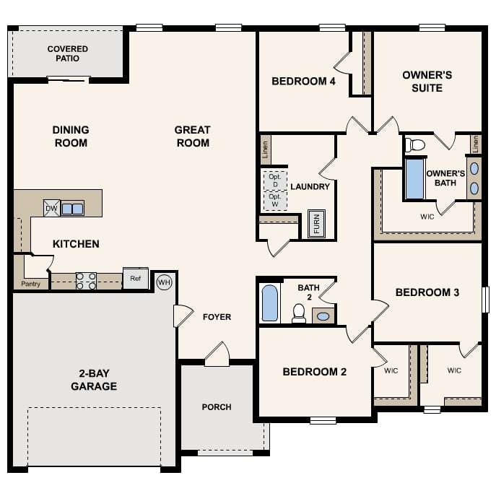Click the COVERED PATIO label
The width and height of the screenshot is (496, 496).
pyautogui.click(x=68, y=53)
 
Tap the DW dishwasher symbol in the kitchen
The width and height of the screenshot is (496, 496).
pyautogui.click(x=51, y=208)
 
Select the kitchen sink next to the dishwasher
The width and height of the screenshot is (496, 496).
pyautogui.click(x=72, y=209)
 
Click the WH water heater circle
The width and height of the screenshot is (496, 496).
pyautogui.click(x=164, y=282)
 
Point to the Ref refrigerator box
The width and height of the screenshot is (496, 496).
pyautogui.click(x=135, y=279)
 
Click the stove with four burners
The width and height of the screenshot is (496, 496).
pyautogui.click(x=86, y=281)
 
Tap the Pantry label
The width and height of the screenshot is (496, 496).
pyautogui.click(x=30, y=284)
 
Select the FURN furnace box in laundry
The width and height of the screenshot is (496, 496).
pyautogui.click(x=316, y=224)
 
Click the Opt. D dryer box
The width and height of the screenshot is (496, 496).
pyautogui.click(x=274, y=180)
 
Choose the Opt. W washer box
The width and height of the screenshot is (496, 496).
pyautogui.click(x=274, y=200)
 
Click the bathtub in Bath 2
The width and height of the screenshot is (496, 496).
pyautogui.click(x=270, y=303)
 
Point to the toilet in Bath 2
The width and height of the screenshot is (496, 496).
pyautogui.click(x=298, y=312)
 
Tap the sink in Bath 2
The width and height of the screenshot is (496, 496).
pyautogui.click(x=323, y=316)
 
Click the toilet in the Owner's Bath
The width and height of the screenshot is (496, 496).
pyautogui.click(x=415, y=145)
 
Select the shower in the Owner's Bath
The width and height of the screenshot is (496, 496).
pyautogui.click(x=414, y=179)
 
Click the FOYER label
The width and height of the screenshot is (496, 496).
pyautogui.click(x=217, y=317)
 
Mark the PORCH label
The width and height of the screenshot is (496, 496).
pyautogui.click(x=217, y=407)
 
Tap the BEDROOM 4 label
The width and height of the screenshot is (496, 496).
pyautogui.click(x=303, y=82)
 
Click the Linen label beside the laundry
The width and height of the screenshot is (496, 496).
pyautogui.click(x=265, y=150)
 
